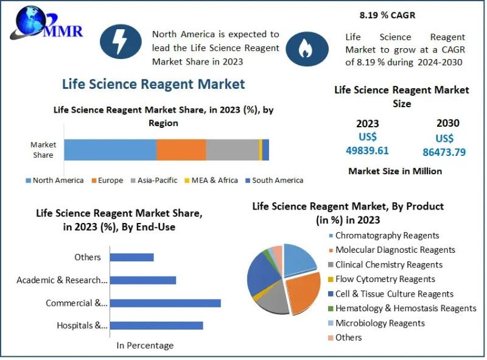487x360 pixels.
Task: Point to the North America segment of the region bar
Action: coord(110,150)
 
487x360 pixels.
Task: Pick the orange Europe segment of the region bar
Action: coord(181,150)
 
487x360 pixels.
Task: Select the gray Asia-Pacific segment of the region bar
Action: coord(232,150)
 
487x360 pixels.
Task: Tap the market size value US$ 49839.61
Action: coord(367,144)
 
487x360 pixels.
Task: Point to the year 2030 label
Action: coord(447,123)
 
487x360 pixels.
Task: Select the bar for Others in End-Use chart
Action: coord(132,257)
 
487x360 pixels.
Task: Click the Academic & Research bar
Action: coord(143,280)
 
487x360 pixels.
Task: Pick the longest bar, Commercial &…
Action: coord(166,303)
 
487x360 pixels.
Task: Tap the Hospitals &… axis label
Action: coord(82,325)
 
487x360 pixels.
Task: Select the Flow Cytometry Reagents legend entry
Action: coord(385,279)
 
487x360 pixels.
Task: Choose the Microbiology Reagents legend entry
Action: coord(380,323)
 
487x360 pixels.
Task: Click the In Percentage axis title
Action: coord(145,345)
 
